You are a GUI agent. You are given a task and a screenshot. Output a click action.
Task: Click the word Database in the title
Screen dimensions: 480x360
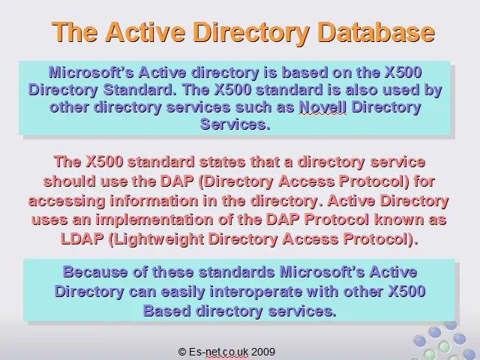click(376, 32)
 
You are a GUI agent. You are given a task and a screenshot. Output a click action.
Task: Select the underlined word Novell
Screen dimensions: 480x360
click(322, 107)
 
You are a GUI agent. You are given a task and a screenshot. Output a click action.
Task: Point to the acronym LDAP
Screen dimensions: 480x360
click(82, 238)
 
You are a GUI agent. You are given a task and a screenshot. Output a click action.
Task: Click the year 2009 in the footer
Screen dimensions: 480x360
click(263, 352)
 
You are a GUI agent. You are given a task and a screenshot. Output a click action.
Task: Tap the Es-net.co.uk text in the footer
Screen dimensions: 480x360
click(218, 352)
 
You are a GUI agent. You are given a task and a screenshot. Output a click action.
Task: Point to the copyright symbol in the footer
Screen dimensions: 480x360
click(181, 352)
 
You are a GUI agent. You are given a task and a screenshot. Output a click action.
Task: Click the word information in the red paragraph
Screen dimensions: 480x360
click(154, 201)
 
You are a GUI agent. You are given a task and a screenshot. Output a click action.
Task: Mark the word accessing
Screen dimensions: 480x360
click(67, 202)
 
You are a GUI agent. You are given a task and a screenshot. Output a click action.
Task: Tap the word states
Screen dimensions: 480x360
click(222, 162)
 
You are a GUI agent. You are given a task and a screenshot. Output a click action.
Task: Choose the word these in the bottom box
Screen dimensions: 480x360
click(172, 271)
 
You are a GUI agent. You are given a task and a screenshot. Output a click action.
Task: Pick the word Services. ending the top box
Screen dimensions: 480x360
click(235, 124)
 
